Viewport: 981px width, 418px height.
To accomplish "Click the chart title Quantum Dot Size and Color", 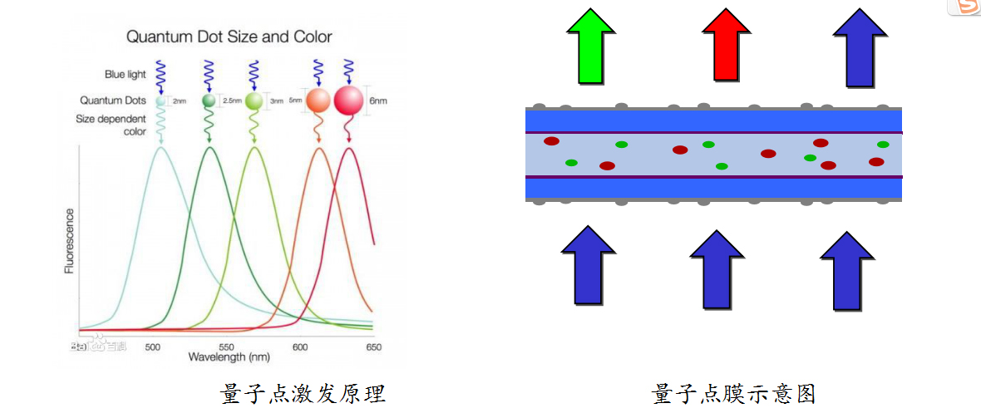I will [229, 37].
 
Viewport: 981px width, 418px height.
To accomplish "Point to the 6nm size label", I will [378, 101].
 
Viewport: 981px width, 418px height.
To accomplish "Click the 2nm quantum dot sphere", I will [161, 101].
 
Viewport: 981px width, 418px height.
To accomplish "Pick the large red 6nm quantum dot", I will [349, 101].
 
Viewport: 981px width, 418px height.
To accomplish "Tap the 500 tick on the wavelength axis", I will [153, 347].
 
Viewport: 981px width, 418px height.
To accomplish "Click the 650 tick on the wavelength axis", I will [373, 347].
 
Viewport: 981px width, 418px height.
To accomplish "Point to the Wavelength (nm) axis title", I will [228, 357].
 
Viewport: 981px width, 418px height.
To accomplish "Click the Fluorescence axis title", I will [70, 240].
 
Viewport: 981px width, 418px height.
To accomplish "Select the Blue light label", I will [126, 74].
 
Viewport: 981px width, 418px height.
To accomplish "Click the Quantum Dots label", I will [113, 100].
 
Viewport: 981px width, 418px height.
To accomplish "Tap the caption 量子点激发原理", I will [303, 393].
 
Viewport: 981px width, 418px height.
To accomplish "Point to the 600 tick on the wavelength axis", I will [300, 347].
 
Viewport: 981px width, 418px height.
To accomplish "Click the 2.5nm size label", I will [232, 101].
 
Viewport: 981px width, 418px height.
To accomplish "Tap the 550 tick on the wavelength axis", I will [226, 347].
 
